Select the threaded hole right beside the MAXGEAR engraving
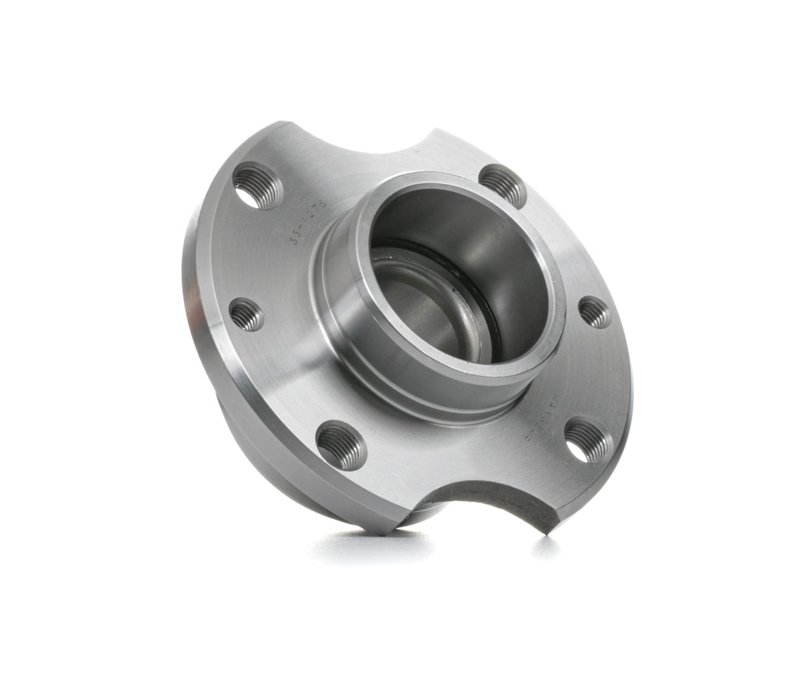(588, 439)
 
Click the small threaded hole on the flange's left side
(247, 314)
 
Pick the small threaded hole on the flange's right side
(595, 311)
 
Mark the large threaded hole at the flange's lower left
(341, 444)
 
